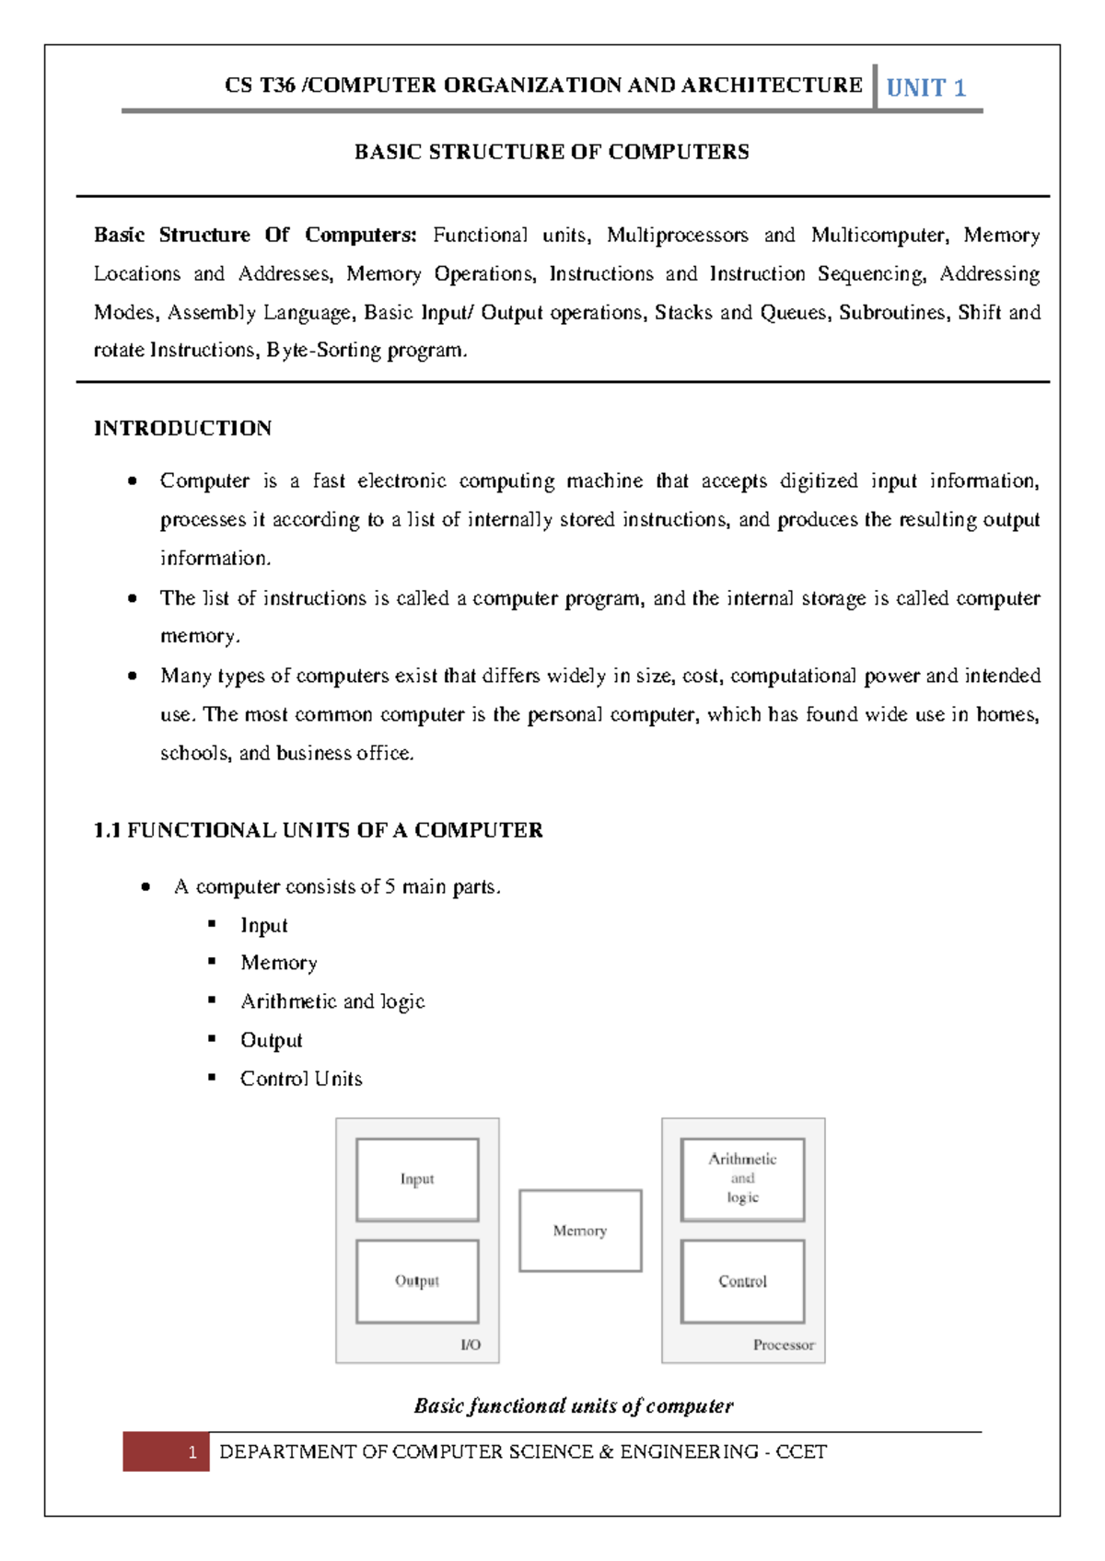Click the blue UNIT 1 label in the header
[925, 88]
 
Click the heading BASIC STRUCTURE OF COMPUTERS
[552, 152]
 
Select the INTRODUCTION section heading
[182, 428]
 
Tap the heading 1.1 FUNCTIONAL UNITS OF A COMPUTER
[318, 830]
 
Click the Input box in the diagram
[417, 1179]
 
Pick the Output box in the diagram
[417, 1280]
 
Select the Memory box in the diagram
[580, 1231]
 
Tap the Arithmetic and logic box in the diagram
[742, 1179]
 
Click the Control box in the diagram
[742, 1280]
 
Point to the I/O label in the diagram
[471, 1345]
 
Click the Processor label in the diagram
[784, 1345]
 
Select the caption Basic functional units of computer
[573, 1405]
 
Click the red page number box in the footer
[166, 1451]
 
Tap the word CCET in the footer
[801, 1451]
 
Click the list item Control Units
[301, 1079]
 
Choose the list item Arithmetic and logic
[332, 1001]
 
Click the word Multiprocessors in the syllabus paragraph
[677, 236]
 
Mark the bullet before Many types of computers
[133, 676]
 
